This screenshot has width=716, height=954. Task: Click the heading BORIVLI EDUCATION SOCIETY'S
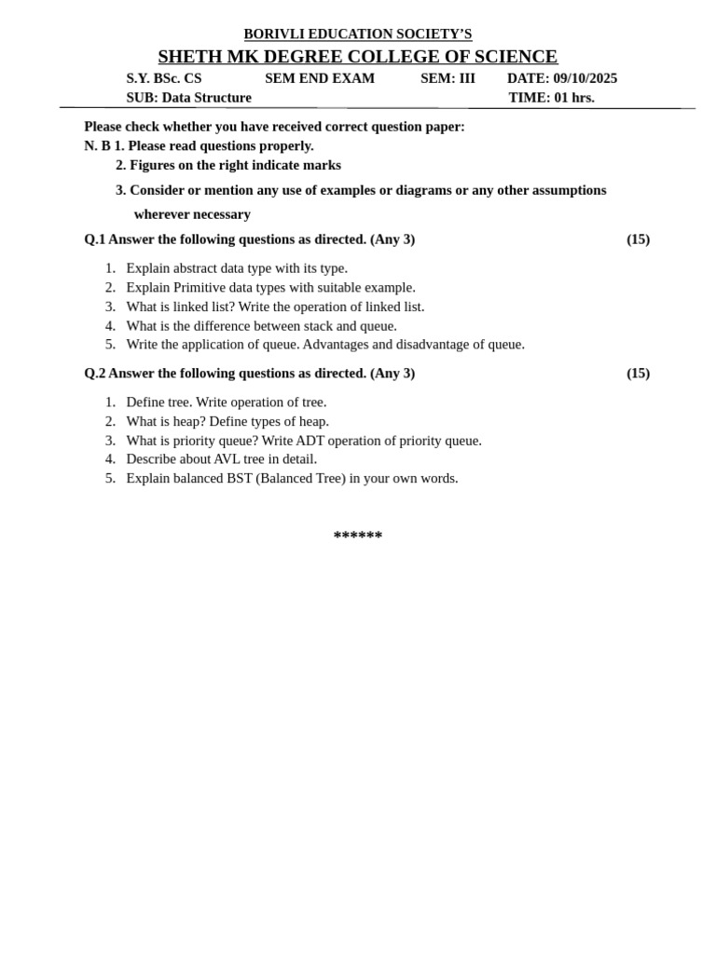tap(358, 34)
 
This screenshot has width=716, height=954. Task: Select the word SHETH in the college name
tap(189, 57)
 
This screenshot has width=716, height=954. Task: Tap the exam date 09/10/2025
tap(585, 78)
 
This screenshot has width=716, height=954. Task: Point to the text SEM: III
tap(447, 78)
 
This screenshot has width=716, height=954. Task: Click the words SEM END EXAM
tap(320, 78)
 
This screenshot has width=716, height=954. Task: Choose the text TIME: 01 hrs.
tap(551, 98)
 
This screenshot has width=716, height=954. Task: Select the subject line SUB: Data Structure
tap(189, 98)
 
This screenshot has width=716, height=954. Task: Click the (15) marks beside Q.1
tap(638, 239)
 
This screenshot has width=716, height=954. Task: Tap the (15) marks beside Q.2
tap(638, 374)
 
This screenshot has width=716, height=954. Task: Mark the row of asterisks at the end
tap(358, 536)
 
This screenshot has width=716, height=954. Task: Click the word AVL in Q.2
tap(227, 459)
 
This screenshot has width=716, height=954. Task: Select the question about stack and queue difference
tap(261, 326)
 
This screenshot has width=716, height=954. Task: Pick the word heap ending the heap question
tap(312, 421)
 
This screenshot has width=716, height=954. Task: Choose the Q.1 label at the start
tap(94, 239)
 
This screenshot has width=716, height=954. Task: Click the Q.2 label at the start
tap(94, 374)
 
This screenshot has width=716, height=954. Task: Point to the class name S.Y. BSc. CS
tap(164, 78)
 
